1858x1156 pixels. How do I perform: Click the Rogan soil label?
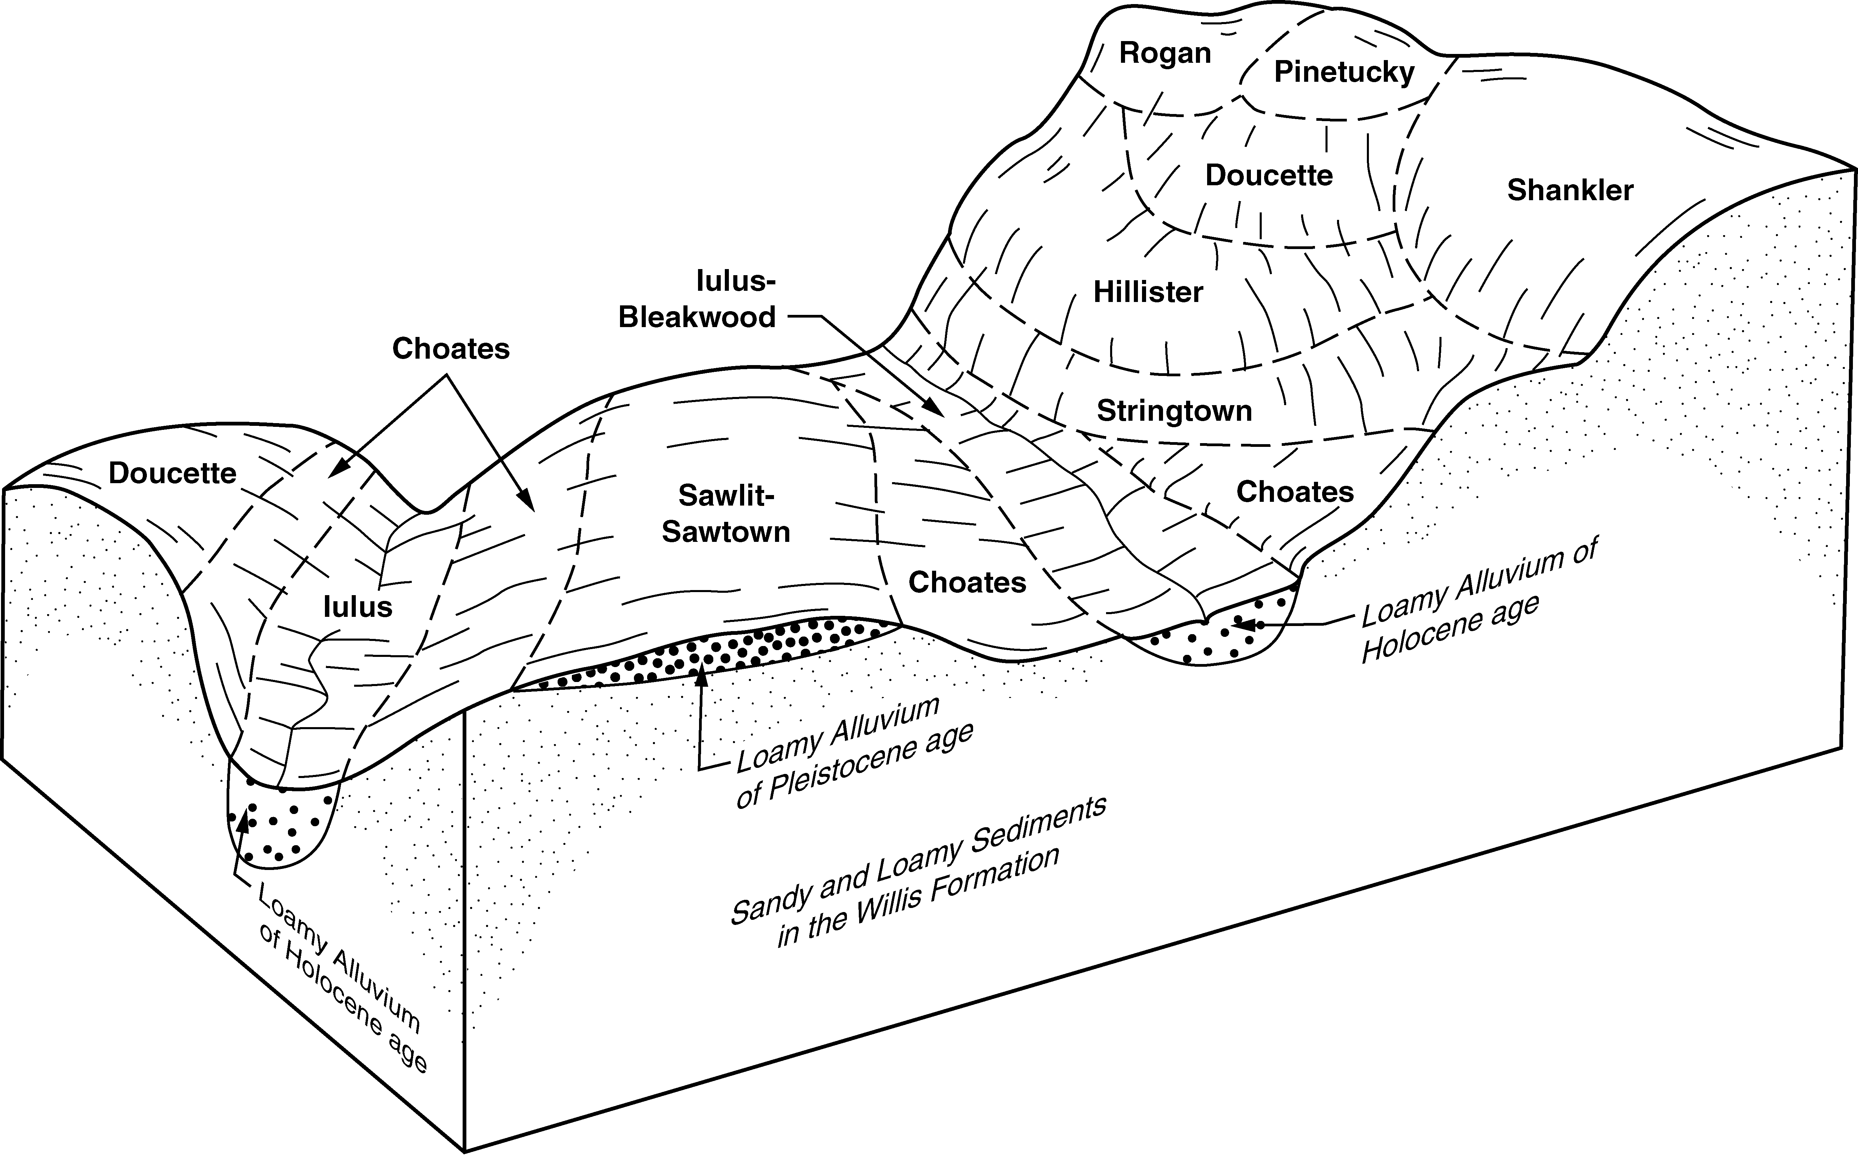pos(1165,54)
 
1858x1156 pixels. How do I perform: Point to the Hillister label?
pos(1148,292)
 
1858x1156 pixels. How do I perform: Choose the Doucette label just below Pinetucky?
pos(1269,176)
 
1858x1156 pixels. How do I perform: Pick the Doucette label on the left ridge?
pos(173,473)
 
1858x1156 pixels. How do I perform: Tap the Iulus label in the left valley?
pos(358,607)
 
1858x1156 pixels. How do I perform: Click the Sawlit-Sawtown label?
pos(726,514)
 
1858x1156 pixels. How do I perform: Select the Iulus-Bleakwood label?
pos(697,300)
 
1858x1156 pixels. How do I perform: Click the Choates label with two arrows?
pos(451,349)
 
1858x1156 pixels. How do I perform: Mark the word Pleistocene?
pos(871,759)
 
